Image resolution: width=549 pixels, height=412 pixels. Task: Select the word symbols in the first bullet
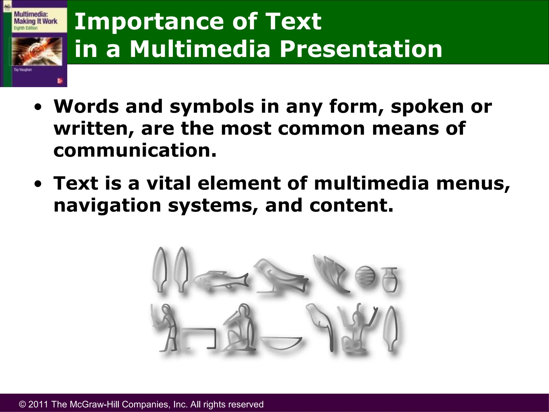[212, 106]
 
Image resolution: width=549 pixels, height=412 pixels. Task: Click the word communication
[135, 150]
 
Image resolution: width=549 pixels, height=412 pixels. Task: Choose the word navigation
[107, 205]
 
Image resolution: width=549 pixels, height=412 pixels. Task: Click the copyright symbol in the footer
[23, 404]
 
